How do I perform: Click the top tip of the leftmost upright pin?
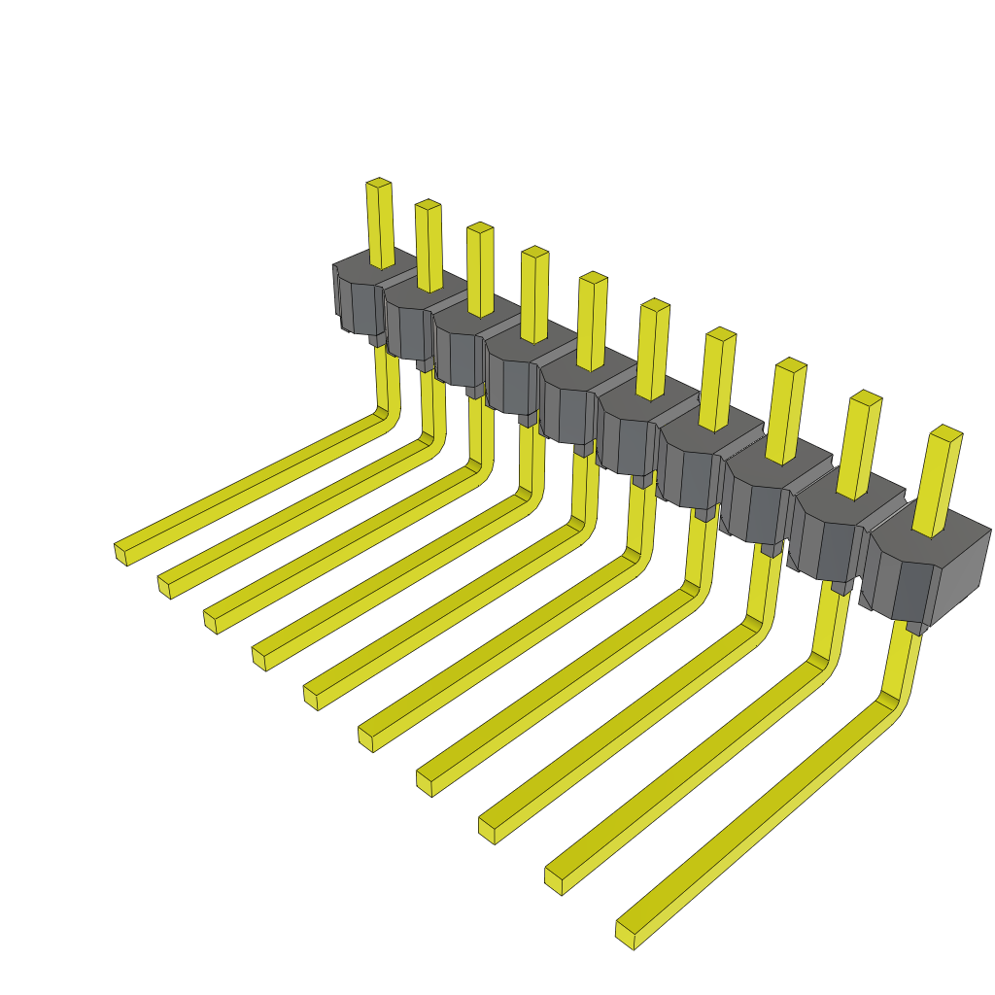click(379, 183)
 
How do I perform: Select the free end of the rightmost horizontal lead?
click(627, 934)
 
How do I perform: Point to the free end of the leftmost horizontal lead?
click(120, 553)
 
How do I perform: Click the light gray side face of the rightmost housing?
click(961, 579)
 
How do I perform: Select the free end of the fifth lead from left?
click(311, 696)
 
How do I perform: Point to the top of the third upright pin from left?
click(480, 227)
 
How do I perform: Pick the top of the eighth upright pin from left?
click(791, 365)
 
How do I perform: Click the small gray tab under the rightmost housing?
click(913, 629)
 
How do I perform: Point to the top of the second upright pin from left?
click(428, 204)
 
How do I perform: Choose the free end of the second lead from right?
click(554, 880)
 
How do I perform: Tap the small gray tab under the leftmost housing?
click(376, 340)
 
